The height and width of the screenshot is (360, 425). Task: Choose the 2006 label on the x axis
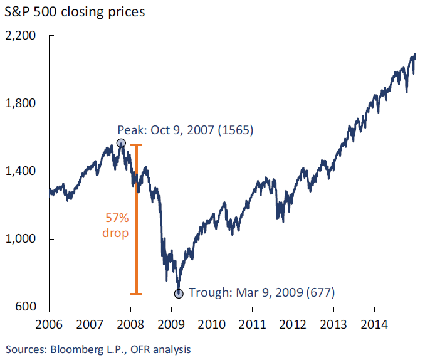[50, 325]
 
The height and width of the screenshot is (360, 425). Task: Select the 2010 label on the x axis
[212, 325]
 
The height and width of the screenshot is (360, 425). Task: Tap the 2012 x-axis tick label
[293, 325]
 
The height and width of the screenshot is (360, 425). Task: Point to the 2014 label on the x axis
[374, 325]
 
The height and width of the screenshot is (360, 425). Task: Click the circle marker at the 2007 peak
[121, 143]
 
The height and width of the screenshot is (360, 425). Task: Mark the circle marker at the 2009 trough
[179, 293]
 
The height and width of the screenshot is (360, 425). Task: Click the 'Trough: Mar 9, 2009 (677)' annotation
[262, 292]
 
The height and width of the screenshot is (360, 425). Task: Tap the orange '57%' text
[115, 218]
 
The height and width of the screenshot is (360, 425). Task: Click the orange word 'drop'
[115, 233]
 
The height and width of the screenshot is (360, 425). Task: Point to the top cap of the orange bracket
[136, 145]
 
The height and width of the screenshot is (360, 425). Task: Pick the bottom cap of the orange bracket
[136, 294]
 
